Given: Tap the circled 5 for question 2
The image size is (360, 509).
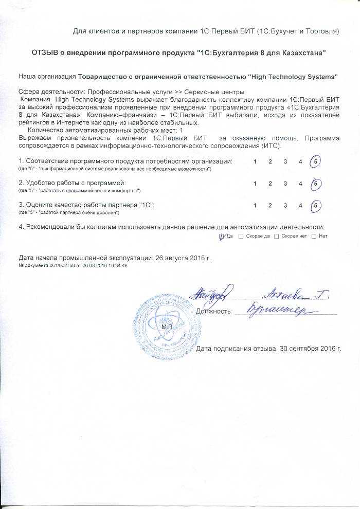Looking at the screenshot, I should (x=316, y=184).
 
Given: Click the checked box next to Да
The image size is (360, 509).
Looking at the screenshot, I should (x=222, y=236).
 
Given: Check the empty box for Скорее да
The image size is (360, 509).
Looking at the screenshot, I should (x=242, y=236).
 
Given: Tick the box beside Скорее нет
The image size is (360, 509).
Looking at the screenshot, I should (x=277, y=236).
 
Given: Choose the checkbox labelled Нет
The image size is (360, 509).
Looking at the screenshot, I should (x=314, y=236).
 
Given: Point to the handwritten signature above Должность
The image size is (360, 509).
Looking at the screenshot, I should (x=213, y=295).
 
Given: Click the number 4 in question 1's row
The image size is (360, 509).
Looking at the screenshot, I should (x=300, y=162).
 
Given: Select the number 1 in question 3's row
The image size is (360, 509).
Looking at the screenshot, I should (x=255, y=206).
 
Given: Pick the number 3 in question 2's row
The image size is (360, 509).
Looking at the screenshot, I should (x=285, y=184).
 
